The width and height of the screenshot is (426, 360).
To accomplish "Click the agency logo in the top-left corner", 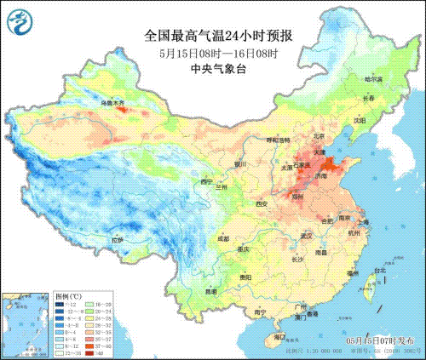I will [x=19, y=20].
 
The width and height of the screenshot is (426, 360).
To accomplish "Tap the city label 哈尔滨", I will [x=373, y=79].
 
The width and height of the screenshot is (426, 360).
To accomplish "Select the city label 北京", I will [x=295, y=135].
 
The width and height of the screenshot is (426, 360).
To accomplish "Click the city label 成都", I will [x=199, y=239].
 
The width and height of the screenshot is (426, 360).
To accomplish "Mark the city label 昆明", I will [x=187, y=291].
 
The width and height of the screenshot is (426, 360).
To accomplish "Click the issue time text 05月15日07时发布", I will [x=376, y=340].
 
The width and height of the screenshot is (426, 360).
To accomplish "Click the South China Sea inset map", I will [x=24, y=321].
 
